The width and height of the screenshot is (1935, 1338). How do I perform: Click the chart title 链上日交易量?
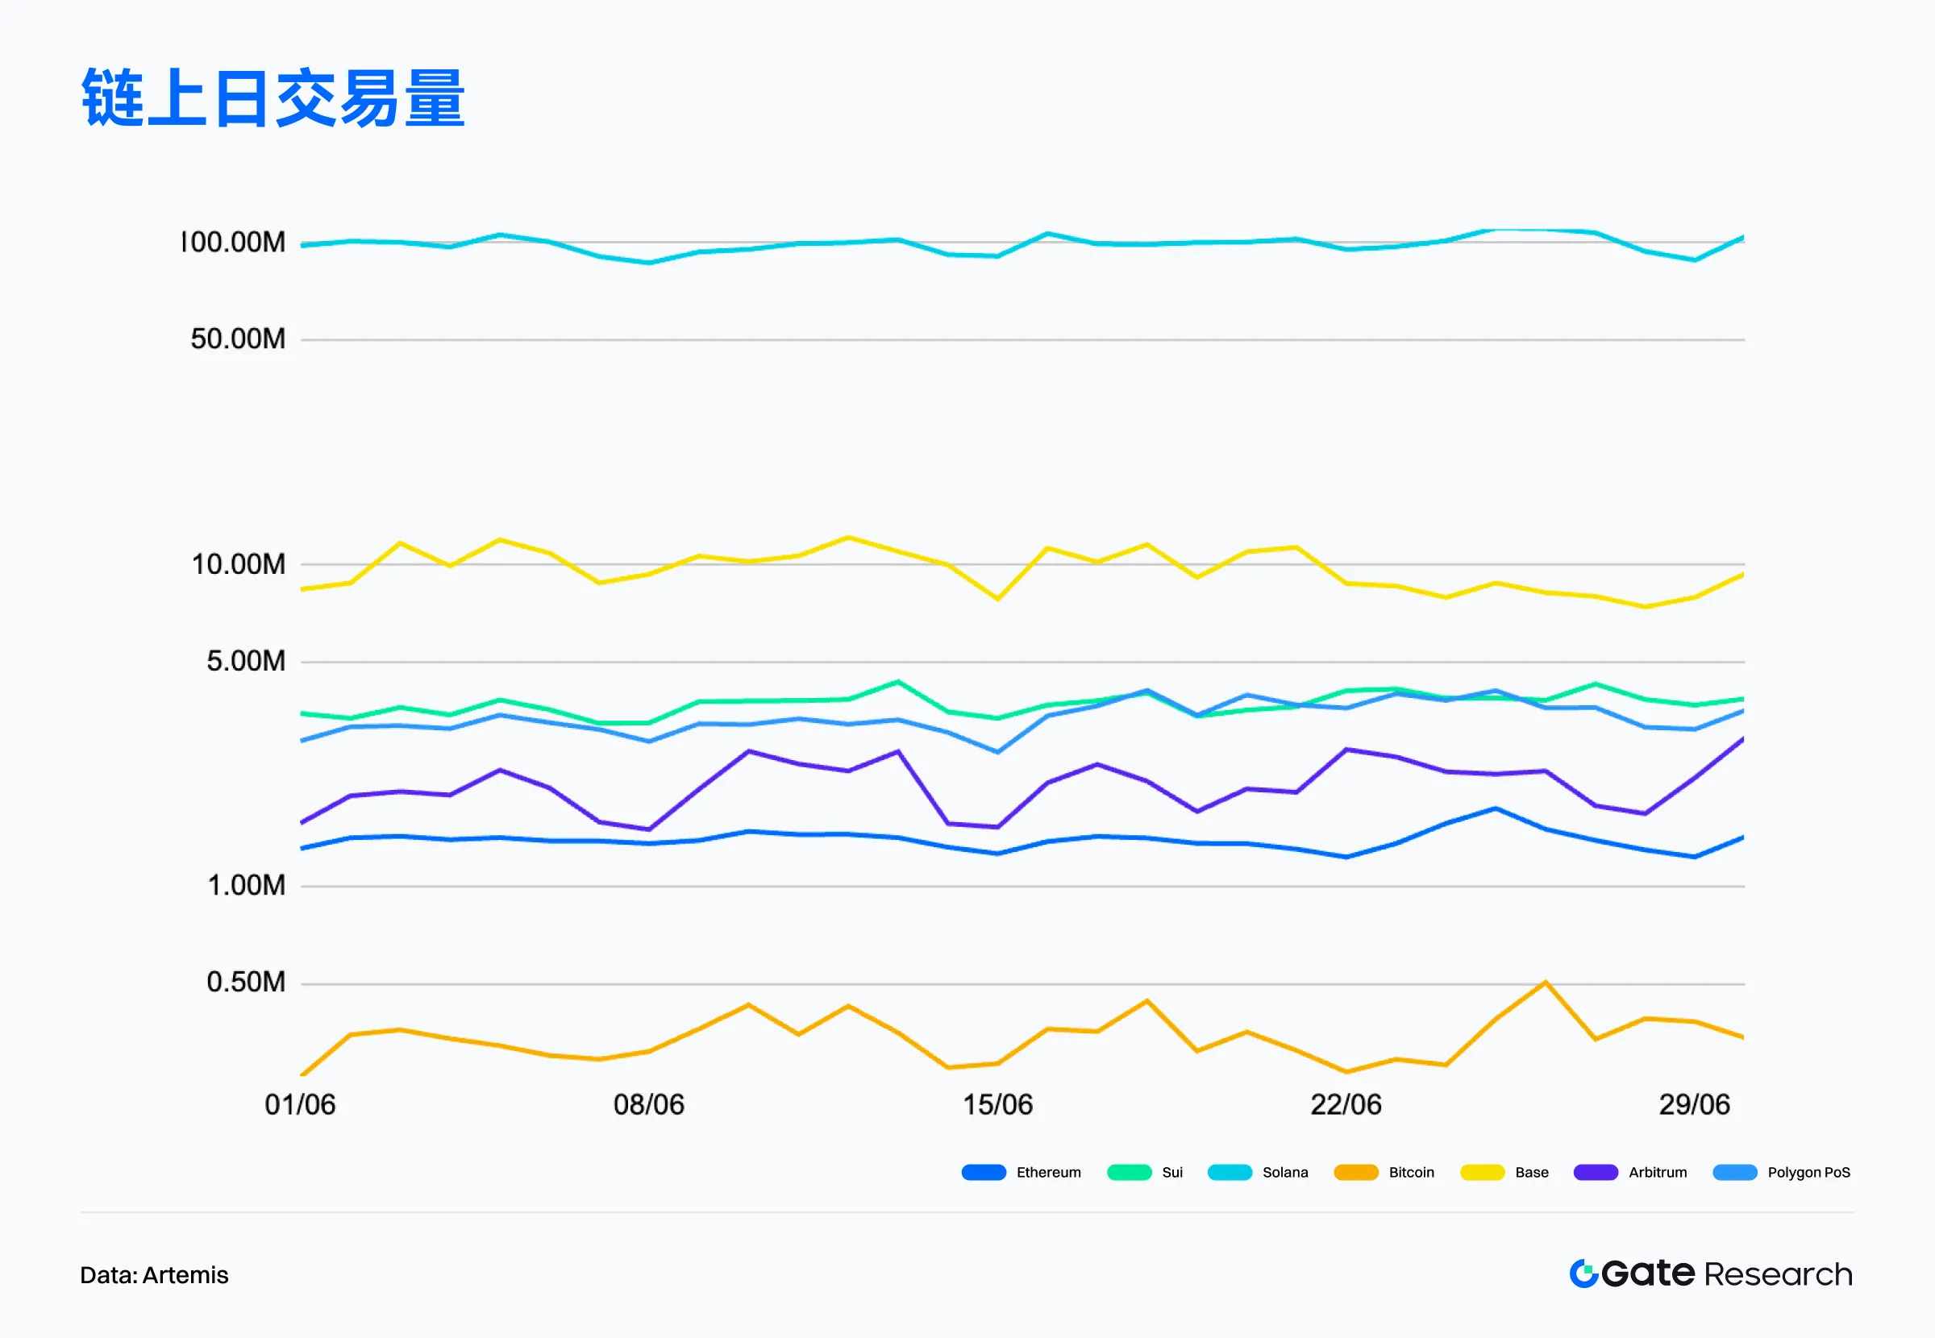tap(273, 99)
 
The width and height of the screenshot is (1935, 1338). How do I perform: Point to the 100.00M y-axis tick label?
tap(234, 243)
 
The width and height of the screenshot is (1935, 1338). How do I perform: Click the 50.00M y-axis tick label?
tap(238, 339)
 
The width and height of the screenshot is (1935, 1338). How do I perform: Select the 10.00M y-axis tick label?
tap(238, 564)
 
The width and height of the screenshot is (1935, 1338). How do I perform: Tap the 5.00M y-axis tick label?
tap(246, 661)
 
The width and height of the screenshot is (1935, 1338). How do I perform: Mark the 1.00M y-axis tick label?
tap(246, 885)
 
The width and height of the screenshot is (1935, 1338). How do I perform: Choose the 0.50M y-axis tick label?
tap(246, 982)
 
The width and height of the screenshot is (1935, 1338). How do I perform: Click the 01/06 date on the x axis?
tap(300, 1105)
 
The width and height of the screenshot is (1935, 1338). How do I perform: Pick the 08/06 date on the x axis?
tap(649, 1105)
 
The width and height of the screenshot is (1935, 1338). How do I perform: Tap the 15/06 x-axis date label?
tap(997, 1105)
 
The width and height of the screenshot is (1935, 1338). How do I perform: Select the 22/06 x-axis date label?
tap(1346, 1105)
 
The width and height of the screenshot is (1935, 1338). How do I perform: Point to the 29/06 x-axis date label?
tap(1695, 1105)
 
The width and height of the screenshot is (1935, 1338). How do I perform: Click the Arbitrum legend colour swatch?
tap(1596, 1173)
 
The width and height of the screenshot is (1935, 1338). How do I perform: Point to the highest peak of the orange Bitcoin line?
tap(1545, 983)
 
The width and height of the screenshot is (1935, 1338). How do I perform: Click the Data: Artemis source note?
tap(154, 1275)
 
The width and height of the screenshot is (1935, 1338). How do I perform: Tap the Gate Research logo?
tap(1710, 1274)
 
